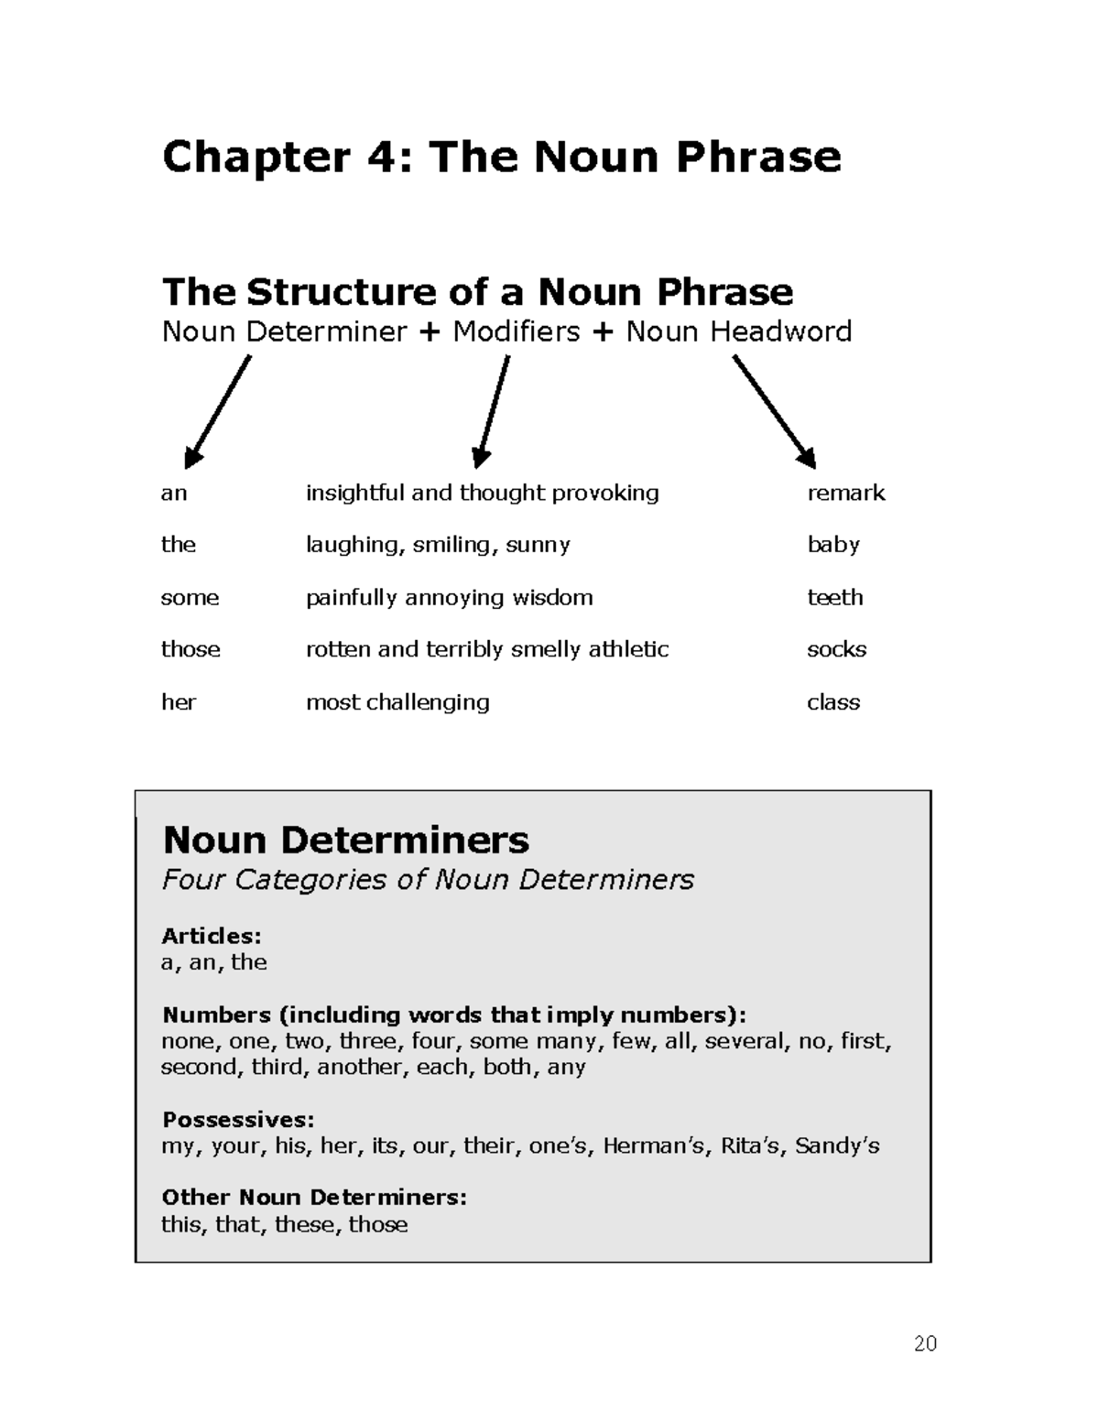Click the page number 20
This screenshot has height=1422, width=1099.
coord(925,1343)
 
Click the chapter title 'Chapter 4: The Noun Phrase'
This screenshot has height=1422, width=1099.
coord(501,157)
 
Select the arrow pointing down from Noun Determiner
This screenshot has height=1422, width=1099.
coord(218,412)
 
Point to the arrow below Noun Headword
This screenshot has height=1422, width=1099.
coord(774,412)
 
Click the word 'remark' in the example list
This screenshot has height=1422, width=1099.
coord(845,493)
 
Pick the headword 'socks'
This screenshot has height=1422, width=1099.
coord(836,649)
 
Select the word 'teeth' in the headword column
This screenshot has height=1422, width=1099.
coord(834,597)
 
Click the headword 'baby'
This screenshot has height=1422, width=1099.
coord(832,545)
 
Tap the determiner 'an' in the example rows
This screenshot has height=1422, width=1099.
coord(174,494)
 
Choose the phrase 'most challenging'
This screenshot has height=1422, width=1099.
coord(397,702)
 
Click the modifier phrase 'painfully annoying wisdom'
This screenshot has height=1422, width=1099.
coord(449,598)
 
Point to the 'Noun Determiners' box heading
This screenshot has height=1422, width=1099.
coord(345,840)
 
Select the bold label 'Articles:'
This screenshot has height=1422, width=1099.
coord(212,936)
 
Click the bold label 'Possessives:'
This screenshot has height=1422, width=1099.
coord(238,1119)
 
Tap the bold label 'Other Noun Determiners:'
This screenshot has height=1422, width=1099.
coord(314,1198)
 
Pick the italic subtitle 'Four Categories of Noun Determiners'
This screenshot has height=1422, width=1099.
coord(428,880)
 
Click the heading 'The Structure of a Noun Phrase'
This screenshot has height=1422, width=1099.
coord(477,292)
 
